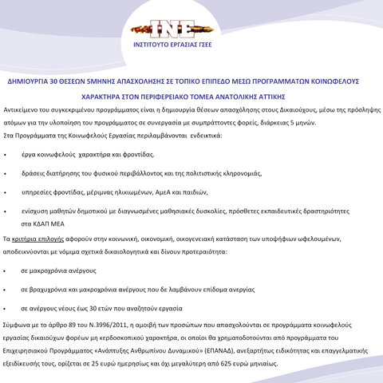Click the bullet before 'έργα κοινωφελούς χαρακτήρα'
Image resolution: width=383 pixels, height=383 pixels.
(6, 154)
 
